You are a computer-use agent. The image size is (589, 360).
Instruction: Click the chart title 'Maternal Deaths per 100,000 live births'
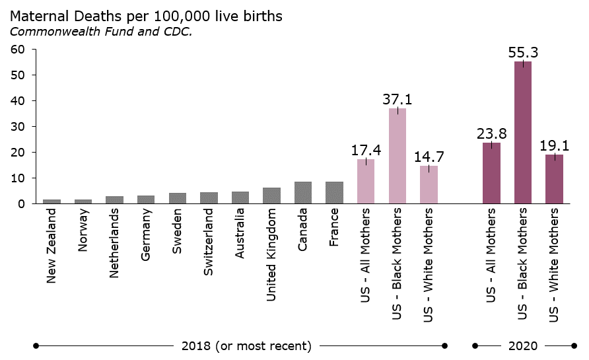pyautogui.click(x=146, y=17)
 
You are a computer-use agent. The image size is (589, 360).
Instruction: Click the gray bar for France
pyautogui.click(x=334, y=193)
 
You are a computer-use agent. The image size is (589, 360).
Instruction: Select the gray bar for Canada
pyautogui.click(x=303, y=193)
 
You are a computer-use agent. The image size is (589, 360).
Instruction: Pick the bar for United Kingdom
pyautogui.click(x=271, y=196)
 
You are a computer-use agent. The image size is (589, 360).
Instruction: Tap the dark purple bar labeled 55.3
pyautogui.click(x=523, y=133)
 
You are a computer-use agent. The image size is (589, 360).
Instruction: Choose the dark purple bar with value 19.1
pyautogui.click(x=555, y=179)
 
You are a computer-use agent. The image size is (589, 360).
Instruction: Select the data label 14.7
pyautogui.click(x=429, y=157)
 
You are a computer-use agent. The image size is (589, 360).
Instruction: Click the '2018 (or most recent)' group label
pyautogui.click(x=246, y=345)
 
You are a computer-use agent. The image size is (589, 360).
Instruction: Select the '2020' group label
pyautogui.click(x=523, y=345)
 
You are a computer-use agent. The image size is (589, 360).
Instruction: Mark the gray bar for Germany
pyautogui.click(x=146, y=199)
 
